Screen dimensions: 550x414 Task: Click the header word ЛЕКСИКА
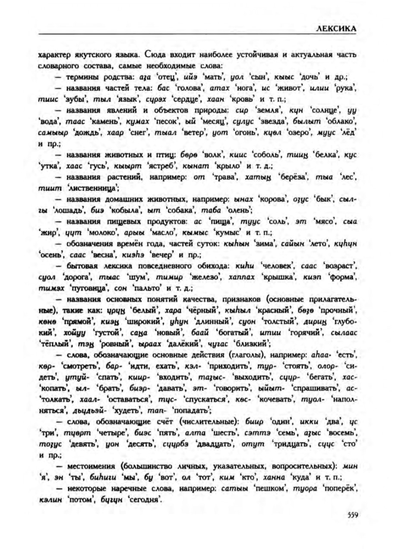(x=335, y=29)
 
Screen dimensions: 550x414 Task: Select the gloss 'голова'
(x=189, y=88)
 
